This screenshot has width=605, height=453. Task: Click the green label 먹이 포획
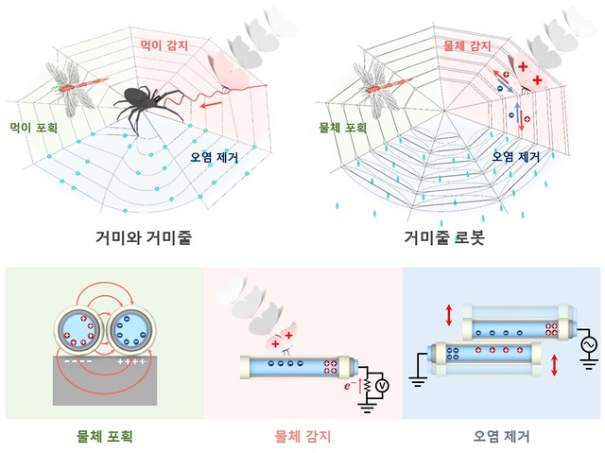[36, 125]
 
